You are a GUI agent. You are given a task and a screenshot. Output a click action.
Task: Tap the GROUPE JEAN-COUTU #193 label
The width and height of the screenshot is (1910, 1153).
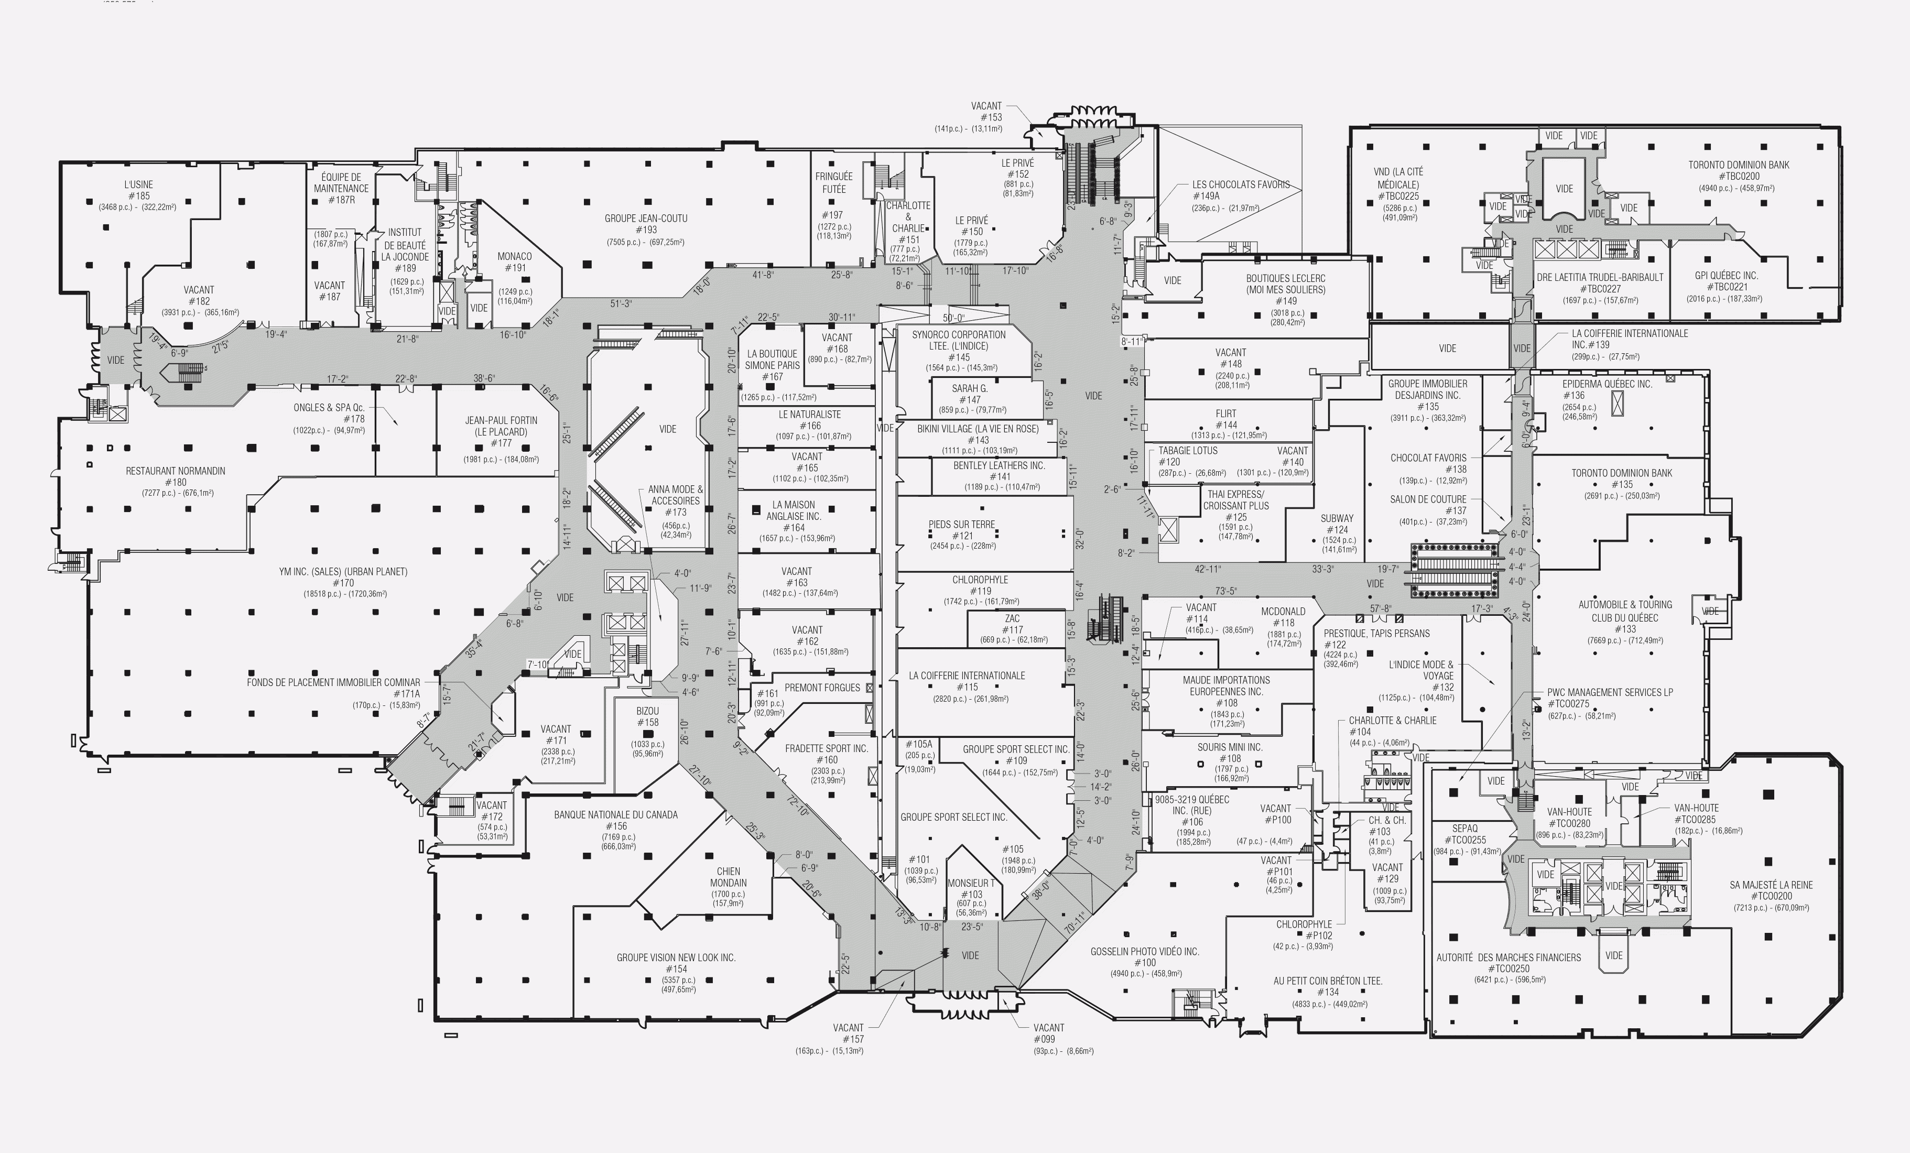tap(646, 224)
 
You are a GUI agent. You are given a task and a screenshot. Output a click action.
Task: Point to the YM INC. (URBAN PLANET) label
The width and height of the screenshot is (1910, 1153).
tap(343, 577)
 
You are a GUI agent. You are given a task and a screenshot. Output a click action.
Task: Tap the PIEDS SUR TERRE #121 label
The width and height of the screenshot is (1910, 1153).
tap(962, 530)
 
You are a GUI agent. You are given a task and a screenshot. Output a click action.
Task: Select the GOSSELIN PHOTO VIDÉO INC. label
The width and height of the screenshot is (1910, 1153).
tap(1145, 957)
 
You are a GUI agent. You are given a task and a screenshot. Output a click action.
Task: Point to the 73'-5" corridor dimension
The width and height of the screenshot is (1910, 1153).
tap(1225, 591)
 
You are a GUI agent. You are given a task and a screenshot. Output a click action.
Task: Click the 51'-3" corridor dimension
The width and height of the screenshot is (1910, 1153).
tap(621, 304)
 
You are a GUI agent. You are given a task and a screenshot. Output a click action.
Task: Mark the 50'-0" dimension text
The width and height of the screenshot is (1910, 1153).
tap(953, 318)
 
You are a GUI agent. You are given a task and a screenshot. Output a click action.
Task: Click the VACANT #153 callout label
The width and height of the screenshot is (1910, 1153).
tap(986, 112)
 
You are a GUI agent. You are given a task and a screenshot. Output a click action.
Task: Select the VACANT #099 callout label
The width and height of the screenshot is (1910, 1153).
tap(1048, 1034)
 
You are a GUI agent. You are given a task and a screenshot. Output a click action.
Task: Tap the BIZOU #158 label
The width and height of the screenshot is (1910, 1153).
tap(647, 717)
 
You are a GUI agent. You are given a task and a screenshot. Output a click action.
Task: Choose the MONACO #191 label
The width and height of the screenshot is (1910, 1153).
tap(515, 263)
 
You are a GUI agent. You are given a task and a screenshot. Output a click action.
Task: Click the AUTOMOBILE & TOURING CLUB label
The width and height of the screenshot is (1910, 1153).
tap(1625, 612)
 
